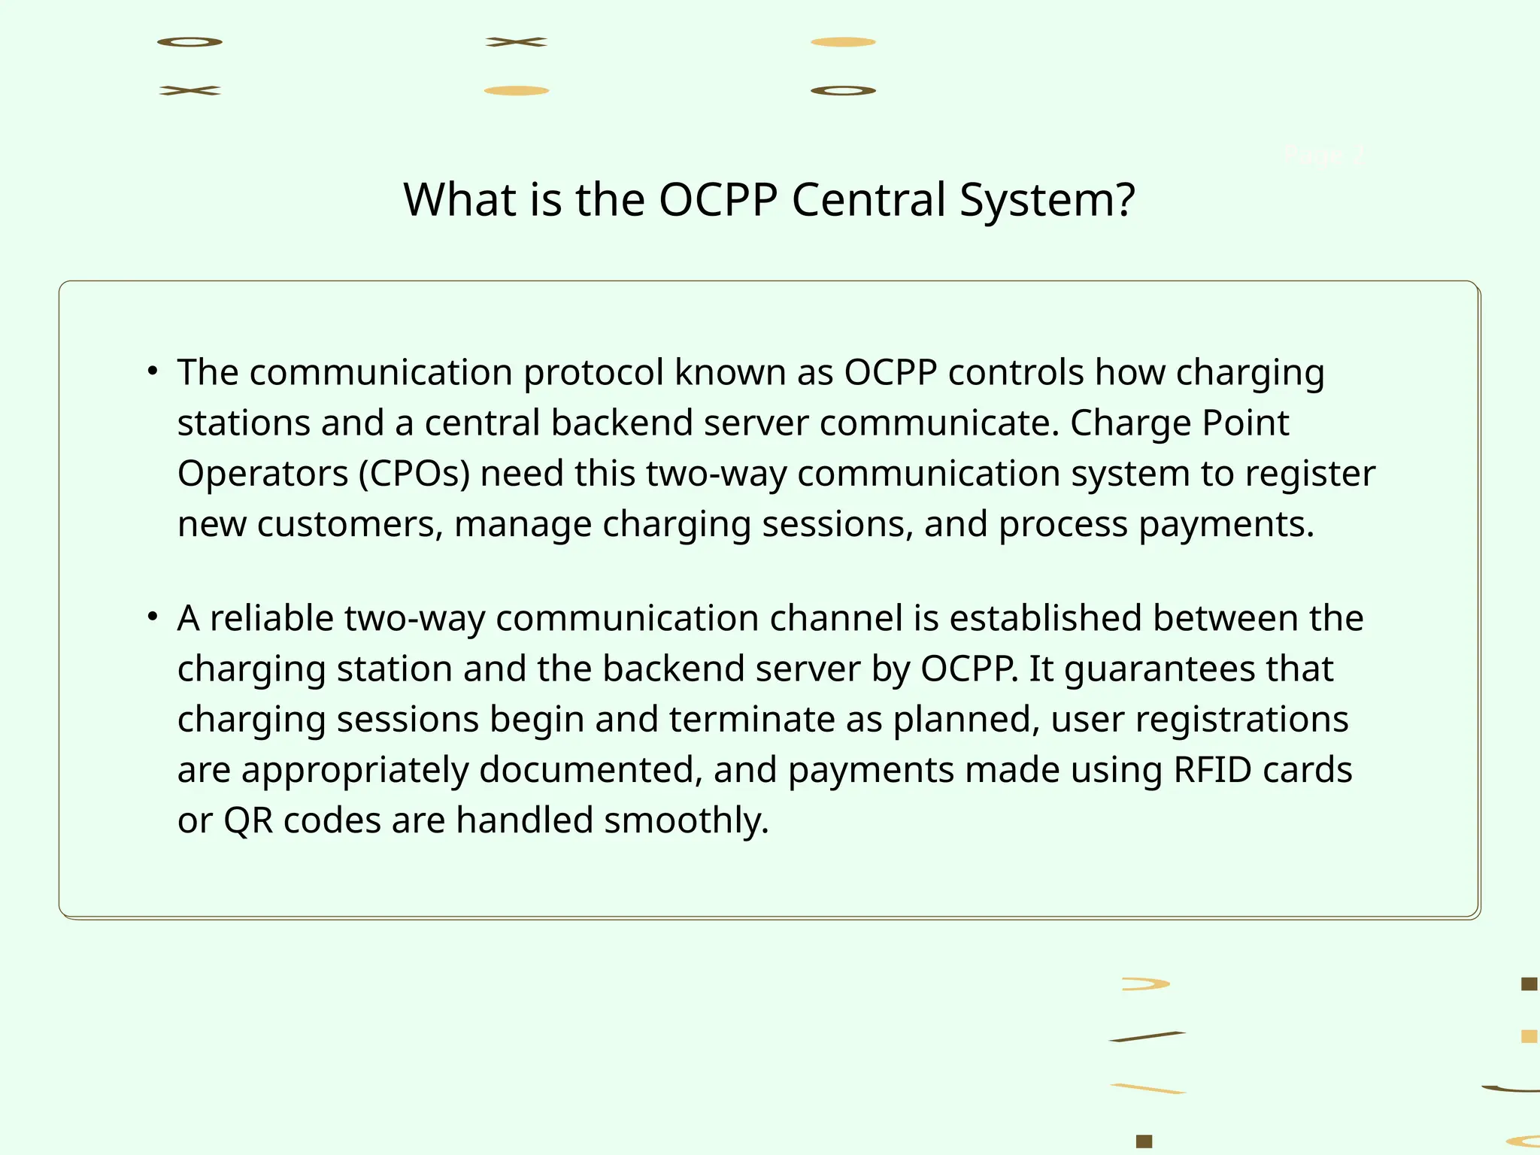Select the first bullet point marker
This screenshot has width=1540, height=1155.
point(153,371)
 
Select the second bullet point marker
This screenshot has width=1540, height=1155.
point(153,617)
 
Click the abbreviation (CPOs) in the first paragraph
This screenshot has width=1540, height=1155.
point(414,474)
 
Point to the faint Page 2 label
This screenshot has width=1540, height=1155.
point(1323,156)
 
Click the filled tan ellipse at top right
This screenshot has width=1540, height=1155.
point(843,42)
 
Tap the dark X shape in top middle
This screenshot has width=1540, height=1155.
point(516,42)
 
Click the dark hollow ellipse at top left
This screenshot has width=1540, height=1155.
point(189,42)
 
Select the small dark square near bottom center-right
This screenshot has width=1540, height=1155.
point(1144,1141)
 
